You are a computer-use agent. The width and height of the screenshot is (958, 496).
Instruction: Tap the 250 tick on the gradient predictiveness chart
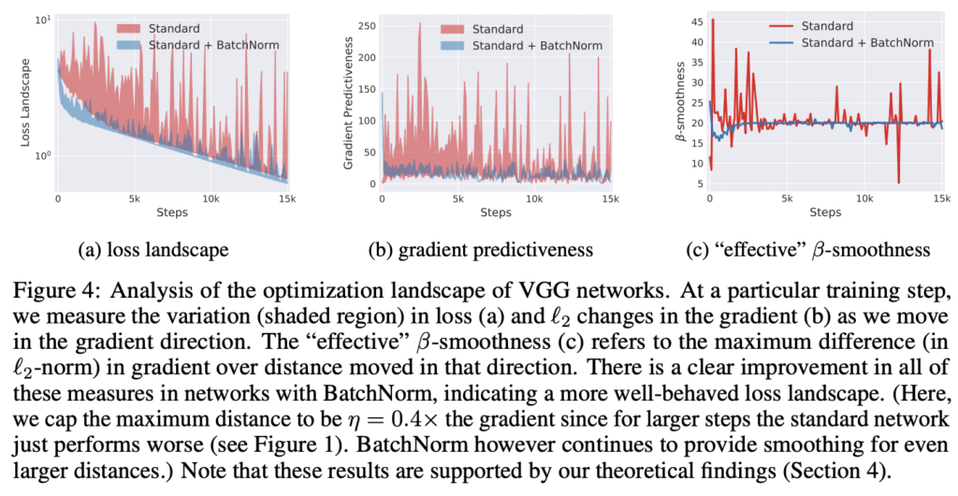pyautogui.click(x=369, y=20)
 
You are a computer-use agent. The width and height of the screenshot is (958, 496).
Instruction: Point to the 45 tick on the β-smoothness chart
pyautogui.click(x=694, y=21)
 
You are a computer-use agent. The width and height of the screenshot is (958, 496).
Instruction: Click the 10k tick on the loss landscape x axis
pyautogui.click(x=211, y=199)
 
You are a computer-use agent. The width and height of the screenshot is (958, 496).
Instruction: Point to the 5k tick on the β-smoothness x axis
pyautogui.click(x=787, y=199)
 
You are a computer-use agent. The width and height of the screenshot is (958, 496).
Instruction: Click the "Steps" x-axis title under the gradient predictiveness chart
pyautogui.click(x=495, y=213)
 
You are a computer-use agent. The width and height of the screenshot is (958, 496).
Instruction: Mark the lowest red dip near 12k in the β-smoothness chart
pyautogui.click(x=898, y=182)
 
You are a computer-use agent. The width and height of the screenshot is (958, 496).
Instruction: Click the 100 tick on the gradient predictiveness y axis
pyautogui.click(x=369, y=121)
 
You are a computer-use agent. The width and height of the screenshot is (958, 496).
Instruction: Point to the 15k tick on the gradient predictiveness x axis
pyautogui.click(x=609, y=199)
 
